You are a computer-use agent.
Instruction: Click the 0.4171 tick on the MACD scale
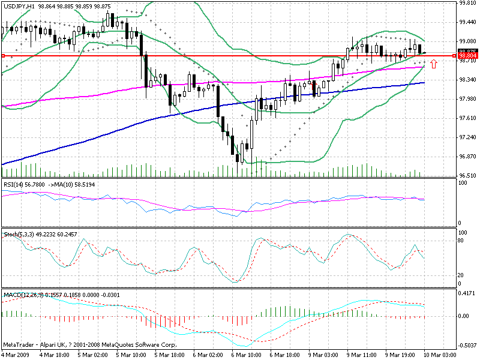tap(466, 294)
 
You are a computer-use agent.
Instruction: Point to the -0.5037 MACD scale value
tap(466, 345)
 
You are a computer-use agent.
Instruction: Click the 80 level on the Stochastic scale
tap(461, 241)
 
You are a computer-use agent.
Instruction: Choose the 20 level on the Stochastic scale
tap(461, 275)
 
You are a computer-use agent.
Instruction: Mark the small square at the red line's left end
tap(4, 56)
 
